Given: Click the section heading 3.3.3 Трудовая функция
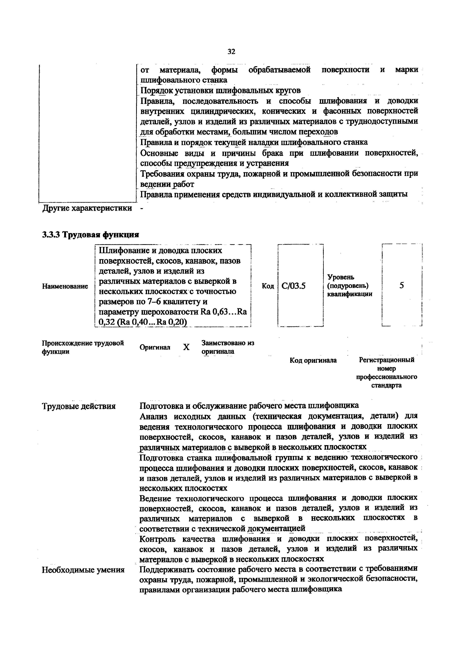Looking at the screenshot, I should tap(91, 235).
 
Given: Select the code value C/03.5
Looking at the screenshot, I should tap(293, 286).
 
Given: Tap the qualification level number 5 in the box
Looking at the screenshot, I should tap(402, 285).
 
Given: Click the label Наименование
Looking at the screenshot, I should tap(65, 286).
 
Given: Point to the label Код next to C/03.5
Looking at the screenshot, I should tap(268, 286).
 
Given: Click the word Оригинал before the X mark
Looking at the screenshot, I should tap(155, 347).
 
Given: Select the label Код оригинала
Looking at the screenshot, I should tap(313, 360).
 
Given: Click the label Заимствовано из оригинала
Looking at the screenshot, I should tap(228, 347).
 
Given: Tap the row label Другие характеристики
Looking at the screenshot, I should tap(87, 208).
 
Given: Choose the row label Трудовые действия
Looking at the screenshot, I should tap(79, 406).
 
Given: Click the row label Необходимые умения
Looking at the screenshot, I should tap(83, 570).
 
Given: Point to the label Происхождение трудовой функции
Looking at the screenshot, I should tap(83, 347).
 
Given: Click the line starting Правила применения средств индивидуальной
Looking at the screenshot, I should tap(274, 194).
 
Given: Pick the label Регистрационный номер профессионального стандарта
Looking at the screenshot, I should tap(387, 373).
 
